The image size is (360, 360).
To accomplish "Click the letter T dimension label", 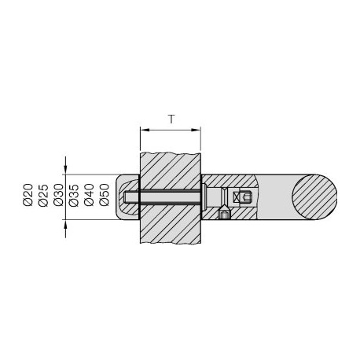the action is (171, 119).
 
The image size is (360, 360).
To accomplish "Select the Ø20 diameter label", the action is (28, 195).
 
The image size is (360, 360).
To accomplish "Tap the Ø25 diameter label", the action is (43, 195).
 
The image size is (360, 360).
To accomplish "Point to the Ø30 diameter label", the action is (58, 195).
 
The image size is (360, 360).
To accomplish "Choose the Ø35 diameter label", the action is (74, 195).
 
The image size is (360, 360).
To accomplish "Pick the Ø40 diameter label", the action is (89, 195).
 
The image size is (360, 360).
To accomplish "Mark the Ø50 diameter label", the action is (105, 195).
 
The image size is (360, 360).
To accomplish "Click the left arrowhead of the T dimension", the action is (145, 130).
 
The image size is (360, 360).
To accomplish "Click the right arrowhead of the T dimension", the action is (196, 130).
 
